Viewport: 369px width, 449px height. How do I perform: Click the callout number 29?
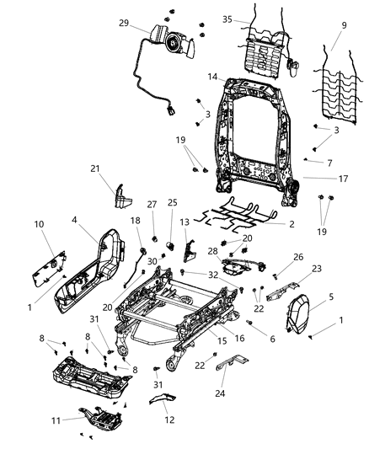click(x=125, y=24)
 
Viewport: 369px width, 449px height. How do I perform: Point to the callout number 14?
click(x=212, y=77)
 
